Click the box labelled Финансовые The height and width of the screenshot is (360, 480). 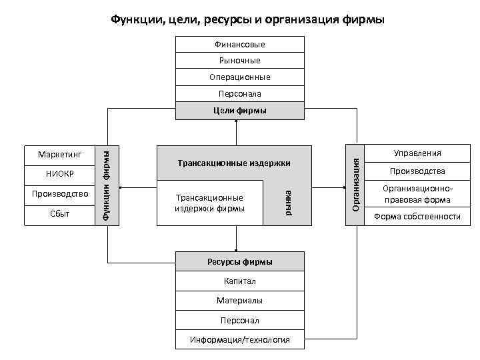click(x=240, y=45)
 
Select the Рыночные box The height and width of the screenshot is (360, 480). click(x=240, y=61)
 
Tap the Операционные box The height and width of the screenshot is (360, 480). click(x=240, y=77)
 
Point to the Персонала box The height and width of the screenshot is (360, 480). click(x=240, y=94)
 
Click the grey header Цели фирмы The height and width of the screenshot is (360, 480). click(x=240, y=111)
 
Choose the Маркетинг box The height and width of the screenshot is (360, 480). click(x=59, y=155)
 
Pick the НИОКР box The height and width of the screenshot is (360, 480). click(x=59, y=174)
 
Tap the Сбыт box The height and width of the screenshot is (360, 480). click(x=59, y=214)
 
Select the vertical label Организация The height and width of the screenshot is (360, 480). click(x=357, y=185)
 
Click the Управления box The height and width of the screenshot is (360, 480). click(x=417, y=153)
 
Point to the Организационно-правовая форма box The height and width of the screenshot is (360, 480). click(x=417, y=194)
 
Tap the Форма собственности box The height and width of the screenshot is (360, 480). click(x=417, y=216)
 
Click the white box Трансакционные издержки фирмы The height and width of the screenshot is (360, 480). click(x=209, y=203)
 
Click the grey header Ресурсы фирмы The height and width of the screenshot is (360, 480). click(x=240, y=261)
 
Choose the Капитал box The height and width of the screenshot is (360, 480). click(x=240, y=281)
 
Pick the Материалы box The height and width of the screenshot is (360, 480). click(x=240, y=301)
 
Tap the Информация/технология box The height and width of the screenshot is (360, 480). click(x=240, y=340)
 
